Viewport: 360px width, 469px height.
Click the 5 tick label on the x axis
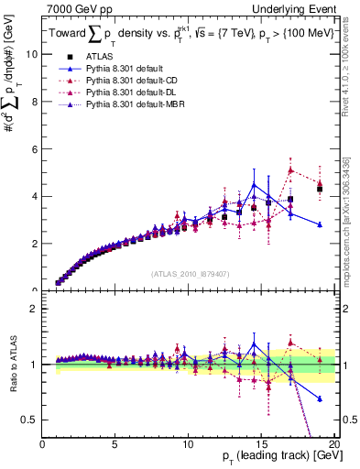[x=115, y=444]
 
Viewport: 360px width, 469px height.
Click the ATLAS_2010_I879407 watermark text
[x=190, y=272]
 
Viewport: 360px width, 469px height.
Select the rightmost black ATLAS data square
[x=320, y=190]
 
